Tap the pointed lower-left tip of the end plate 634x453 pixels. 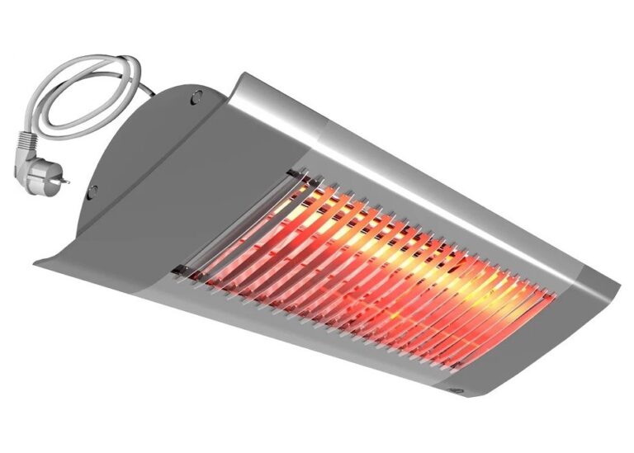37,263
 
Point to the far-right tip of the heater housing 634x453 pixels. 619,285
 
